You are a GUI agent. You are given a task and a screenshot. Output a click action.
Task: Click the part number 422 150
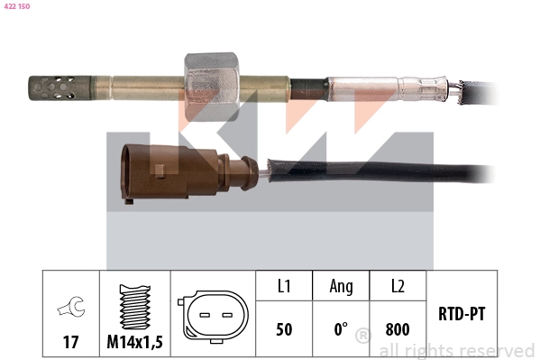pyautogui.click(x=18, y=6)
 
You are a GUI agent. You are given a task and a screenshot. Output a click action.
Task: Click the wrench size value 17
pyautogui.click(x=70, y=343)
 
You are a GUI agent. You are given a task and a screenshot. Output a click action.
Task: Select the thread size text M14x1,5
pyautogui.click(x=134, y=343)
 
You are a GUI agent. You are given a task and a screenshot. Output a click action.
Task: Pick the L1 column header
pyautogui.click(x=284, y=286)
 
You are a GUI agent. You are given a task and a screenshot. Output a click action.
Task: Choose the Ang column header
pyautogui.click(x=341, y=286)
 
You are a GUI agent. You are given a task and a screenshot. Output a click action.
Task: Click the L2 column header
pyautogui.click(x=398, y=286)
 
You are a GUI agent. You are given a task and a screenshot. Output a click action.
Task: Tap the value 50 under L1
pyautogui.click(x=284, y=329)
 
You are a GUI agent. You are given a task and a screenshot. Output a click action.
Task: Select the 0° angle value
pyautogui.click(x=341, y=329)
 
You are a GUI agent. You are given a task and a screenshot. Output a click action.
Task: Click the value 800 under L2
pyautogui.click(x=398, y=329)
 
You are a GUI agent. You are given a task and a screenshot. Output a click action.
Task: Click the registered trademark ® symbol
pyautogui.click(x=362, y=337)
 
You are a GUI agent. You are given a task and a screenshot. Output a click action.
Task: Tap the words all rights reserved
pyautogui.click(x=456, y=350)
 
